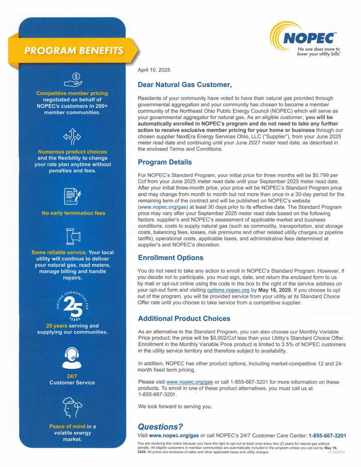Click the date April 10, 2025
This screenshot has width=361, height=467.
pos(154,70)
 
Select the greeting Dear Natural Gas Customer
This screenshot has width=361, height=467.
pos(185,84)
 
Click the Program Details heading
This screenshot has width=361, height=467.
pos(165,162)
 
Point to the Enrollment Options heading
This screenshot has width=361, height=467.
pos(171,258)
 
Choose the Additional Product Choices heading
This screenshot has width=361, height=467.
pos(184,319)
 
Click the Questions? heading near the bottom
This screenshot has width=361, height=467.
pos(160,426)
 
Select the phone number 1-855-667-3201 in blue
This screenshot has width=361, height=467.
pos(327,436)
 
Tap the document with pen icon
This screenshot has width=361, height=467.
pos(72,196)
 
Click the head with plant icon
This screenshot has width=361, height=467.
pos(72,407)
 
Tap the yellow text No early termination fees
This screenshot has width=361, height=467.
pos(73,213)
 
